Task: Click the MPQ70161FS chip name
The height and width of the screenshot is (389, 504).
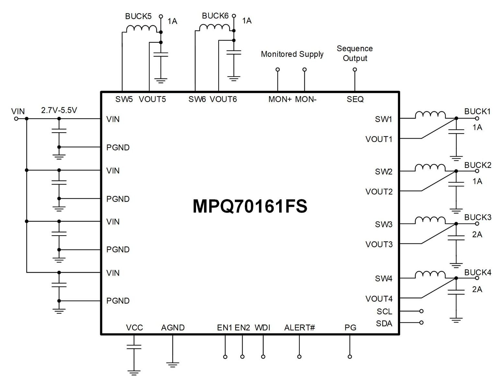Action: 250,206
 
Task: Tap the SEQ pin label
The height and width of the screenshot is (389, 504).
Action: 355,99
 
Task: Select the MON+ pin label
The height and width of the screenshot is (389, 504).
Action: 280,99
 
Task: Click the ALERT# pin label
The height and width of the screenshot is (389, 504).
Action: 300,327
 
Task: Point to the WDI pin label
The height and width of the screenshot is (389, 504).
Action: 263,327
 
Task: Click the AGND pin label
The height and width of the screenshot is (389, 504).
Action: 173,327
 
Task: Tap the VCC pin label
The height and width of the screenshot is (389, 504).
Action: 134,327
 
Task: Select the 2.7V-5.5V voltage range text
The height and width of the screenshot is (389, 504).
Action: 59,110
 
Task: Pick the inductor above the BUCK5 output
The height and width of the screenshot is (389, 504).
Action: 142,29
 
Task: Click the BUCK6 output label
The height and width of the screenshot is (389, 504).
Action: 215,16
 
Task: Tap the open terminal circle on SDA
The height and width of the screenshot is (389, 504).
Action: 421,323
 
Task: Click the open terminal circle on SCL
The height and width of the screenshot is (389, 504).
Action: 421,311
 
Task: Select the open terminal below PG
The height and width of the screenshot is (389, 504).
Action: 350,357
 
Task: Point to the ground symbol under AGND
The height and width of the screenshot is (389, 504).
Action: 173,365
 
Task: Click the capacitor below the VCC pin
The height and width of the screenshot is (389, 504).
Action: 134,347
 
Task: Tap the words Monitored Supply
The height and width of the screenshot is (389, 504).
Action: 292,54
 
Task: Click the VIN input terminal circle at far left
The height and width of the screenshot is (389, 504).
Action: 16,119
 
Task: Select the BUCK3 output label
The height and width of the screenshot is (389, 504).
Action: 478,217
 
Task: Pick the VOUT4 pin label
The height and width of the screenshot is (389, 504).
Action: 379,299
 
